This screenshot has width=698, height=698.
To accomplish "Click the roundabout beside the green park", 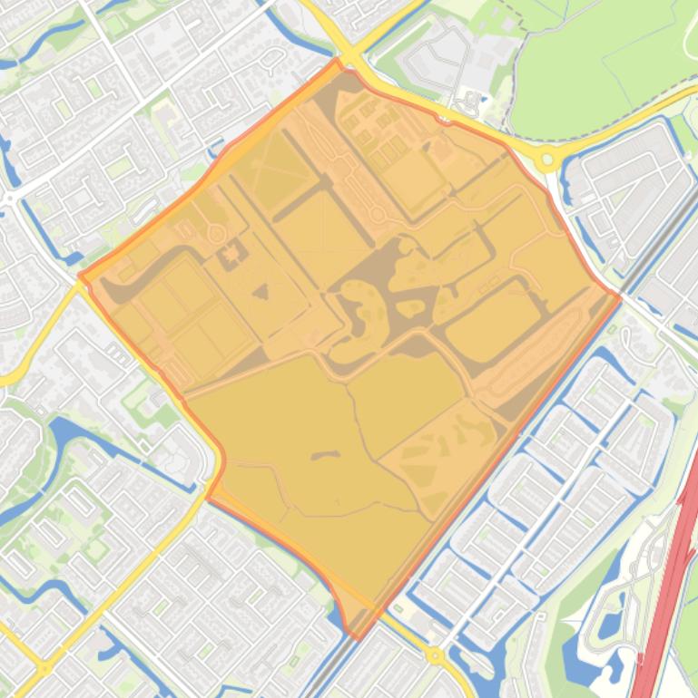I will (546, 160).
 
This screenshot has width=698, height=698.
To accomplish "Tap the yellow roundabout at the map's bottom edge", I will (435, 654).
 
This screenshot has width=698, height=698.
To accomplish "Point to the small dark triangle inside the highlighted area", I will (261, 292).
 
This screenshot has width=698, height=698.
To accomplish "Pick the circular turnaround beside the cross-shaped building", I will (217, 233).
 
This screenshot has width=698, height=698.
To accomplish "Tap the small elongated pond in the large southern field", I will (324, 455).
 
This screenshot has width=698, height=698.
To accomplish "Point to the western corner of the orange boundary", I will (81, 276).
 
